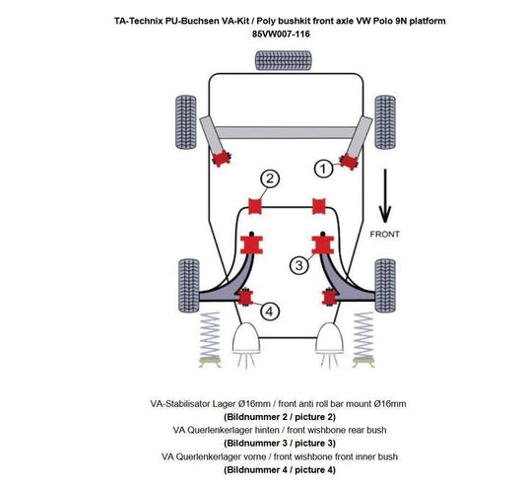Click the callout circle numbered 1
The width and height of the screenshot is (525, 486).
(x=322, y=170)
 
